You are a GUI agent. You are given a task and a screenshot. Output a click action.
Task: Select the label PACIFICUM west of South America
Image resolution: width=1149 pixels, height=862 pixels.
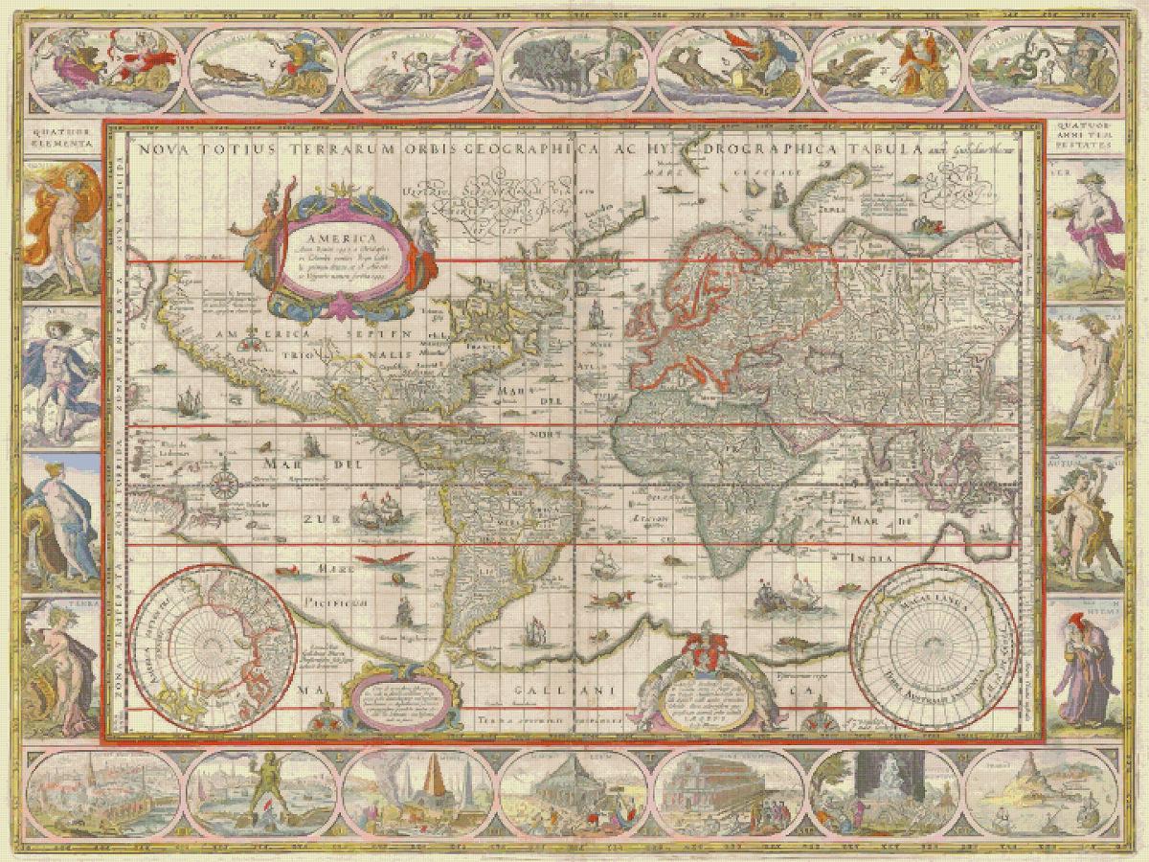(x=331, y=602)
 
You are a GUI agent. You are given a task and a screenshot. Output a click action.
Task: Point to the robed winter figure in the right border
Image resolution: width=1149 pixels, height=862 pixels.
(x=1087, y=670)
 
